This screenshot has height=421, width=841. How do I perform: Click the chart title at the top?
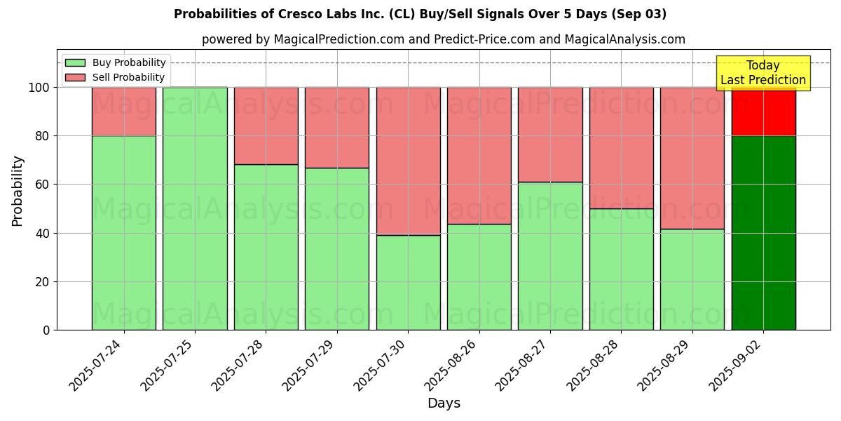click(420, 14)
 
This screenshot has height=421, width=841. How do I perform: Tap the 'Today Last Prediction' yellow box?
click(763, 73)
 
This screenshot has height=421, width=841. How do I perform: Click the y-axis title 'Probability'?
click(18, 191)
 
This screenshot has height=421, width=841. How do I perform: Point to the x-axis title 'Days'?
click(444, 403)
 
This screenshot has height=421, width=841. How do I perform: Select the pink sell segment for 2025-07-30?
click(408, 161)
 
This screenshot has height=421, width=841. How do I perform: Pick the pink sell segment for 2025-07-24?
click(124, 112)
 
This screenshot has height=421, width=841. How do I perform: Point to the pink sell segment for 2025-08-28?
click(621, 148)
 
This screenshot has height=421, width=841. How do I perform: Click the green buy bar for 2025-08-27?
click(550, 256)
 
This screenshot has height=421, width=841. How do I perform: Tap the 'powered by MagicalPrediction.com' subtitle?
click(443, 39)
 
